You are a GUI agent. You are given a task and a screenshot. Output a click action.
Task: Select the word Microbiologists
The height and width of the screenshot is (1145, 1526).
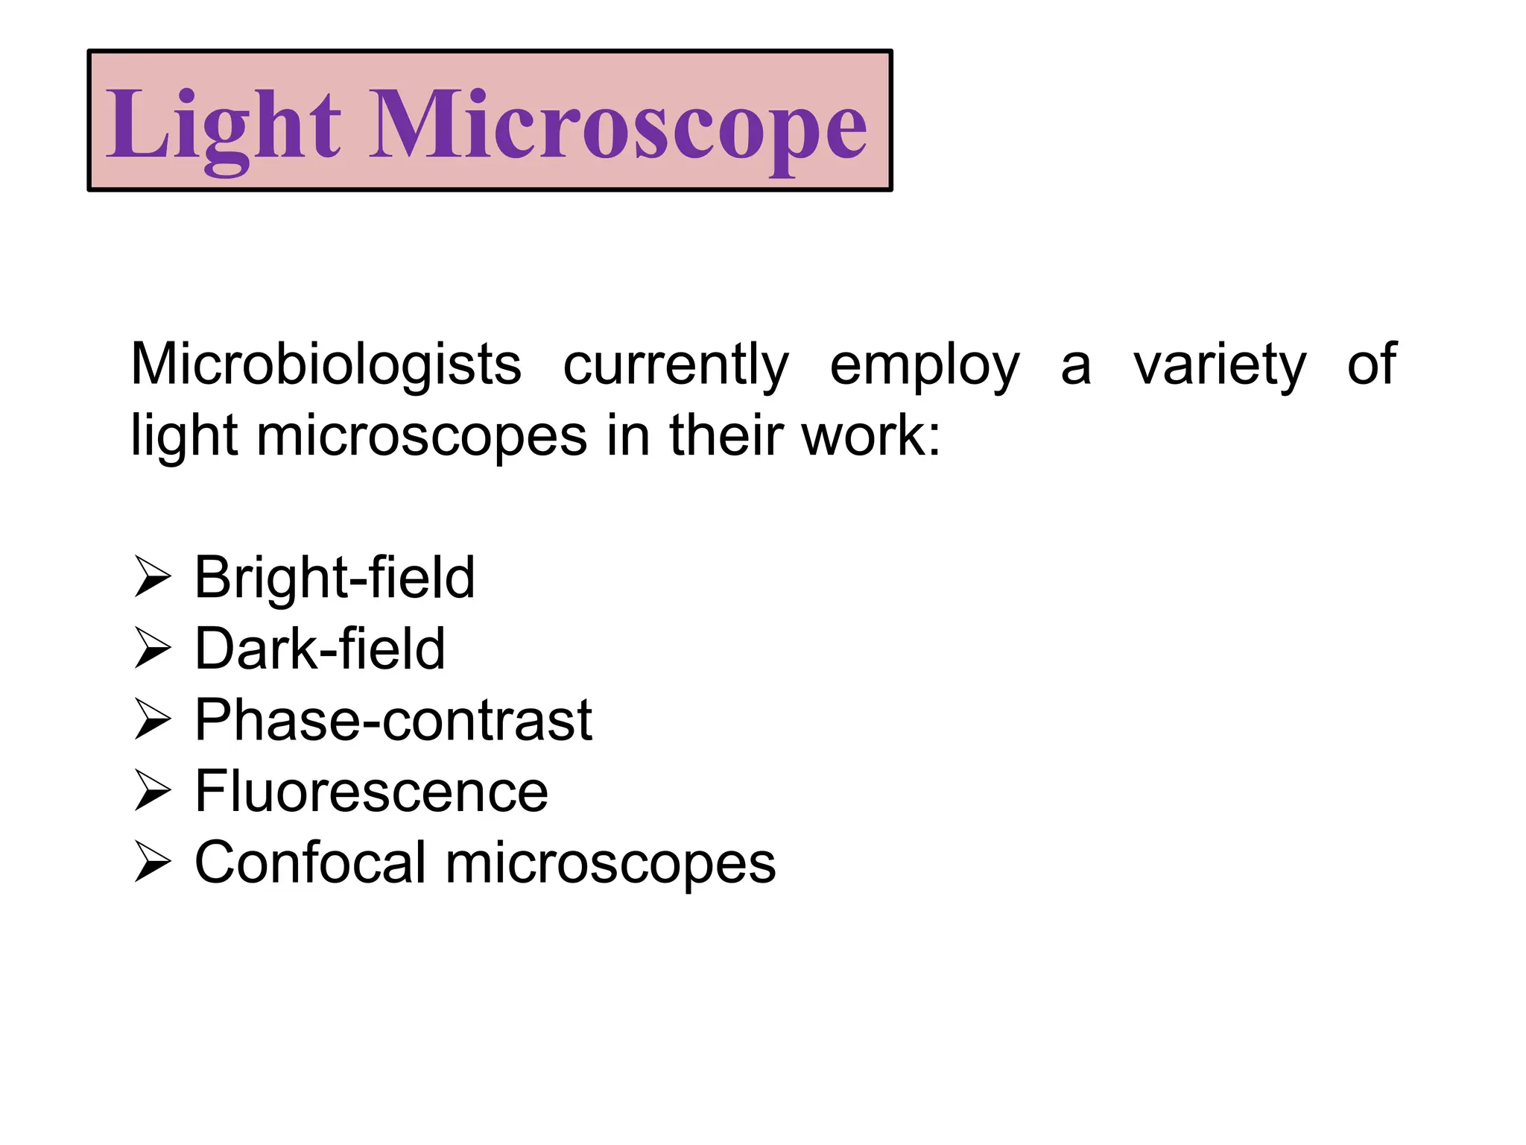[x=326, y=365]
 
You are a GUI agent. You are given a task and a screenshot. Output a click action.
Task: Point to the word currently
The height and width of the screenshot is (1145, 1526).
[x=675, y=365]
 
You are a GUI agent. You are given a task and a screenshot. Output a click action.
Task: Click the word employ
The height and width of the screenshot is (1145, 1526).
[x=924, y=365]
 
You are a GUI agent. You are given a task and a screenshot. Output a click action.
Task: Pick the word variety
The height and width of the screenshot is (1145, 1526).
[x=1219, y=365]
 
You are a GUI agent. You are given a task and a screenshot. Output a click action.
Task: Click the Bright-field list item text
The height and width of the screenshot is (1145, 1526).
[x=334, y=578]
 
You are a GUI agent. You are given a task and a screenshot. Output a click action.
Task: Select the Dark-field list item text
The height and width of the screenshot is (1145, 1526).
[x=320, y=649]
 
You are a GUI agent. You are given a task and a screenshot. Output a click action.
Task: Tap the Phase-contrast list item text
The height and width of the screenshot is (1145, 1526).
[x=393, y=720]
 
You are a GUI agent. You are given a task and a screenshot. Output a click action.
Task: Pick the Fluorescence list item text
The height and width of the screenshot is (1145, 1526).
[x=371, y=792]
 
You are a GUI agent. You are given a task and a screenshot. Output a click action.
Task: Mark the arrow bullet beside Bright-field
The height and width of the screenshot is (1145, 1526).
[x=153, y=578]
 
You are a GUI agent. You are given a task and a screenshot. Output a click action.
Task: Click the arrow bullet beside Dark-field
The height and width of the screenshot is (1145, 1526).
[x=153, y=649]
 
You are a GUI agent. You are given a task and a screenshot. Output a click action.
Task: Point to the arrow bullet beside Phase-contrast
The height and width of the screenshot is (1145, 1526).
[x=153, y=720]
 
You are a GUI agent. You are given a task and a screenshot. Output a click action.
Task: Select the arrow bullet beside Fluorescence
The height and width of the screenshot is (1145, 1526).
[x=153, y=792]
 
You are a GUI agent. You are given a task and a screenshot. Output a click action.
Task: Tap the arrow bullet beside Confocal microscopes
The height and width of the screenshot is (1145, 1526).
[x=153, y=862]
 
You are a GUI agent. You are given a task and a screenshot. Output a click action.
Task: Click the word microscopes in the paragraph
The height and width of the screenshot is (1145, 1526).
[x=422, y=436]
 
